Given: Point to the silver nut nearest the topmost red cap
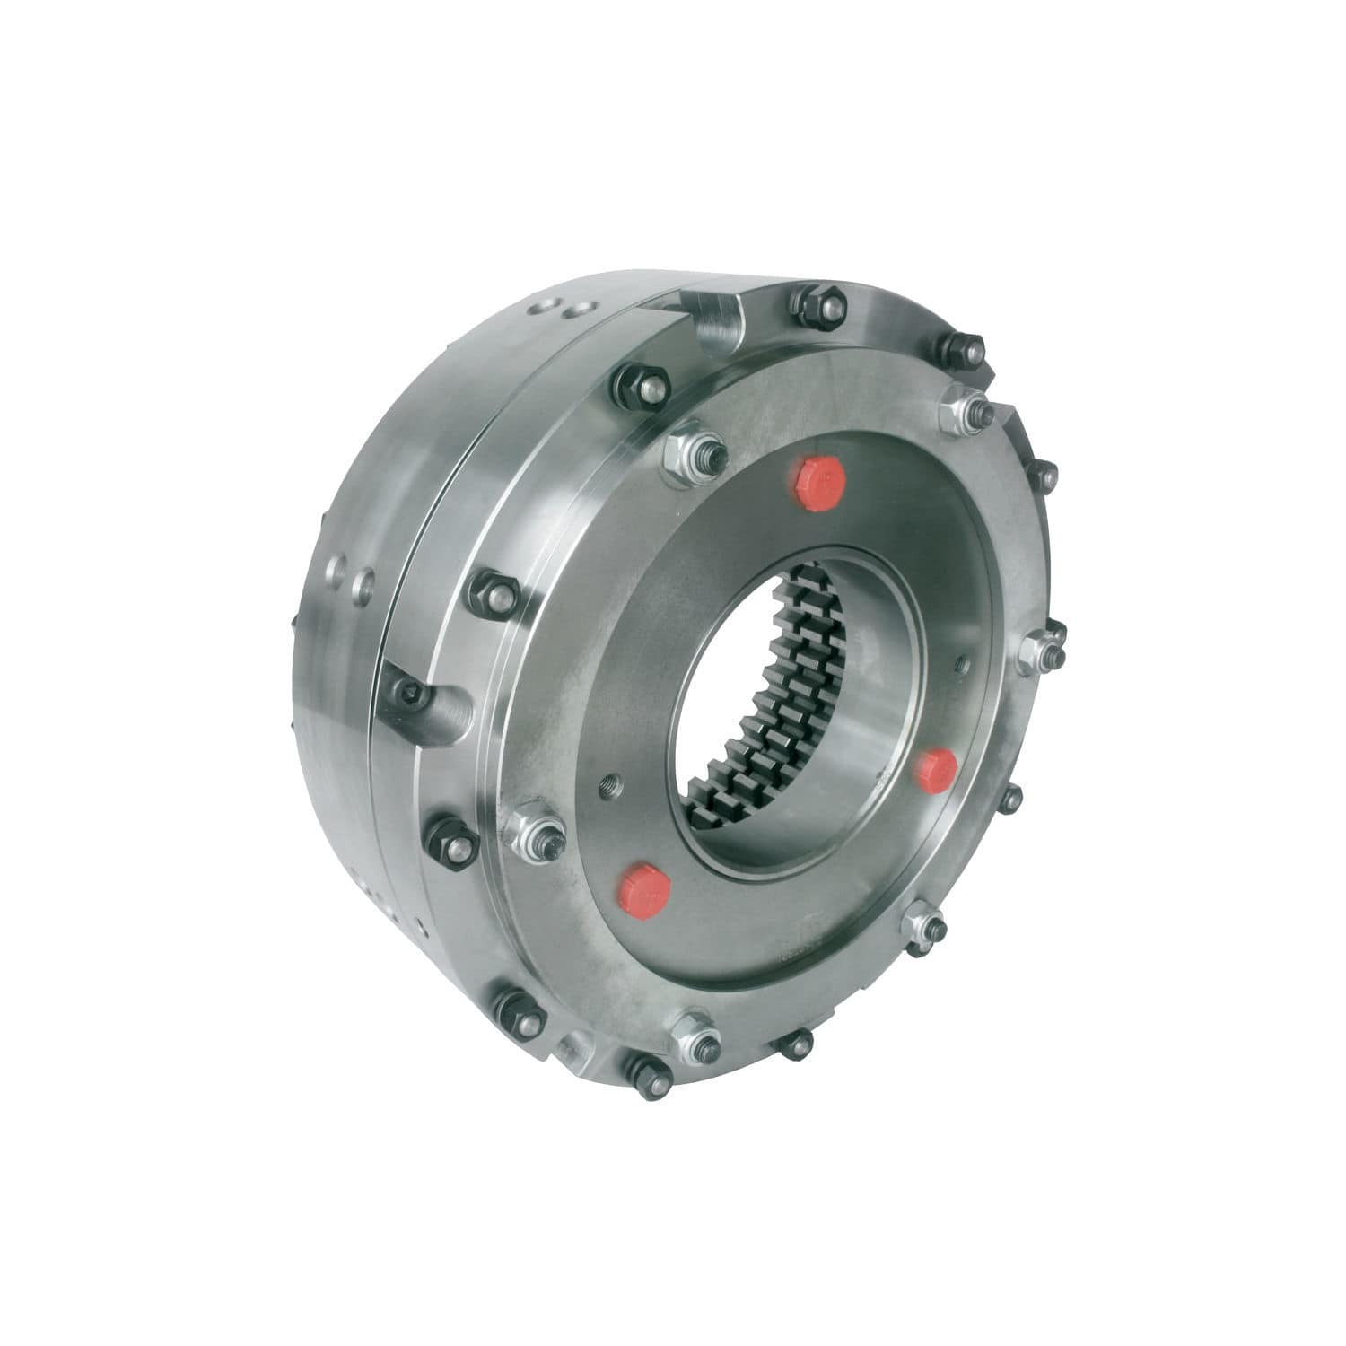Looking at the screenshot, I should click(x=693, y=456).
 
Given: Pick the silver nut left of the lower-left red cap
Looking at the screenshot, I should click(x=535, y=834).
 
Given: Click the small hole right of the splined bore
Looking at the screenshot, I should click(x=963, y=664).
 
